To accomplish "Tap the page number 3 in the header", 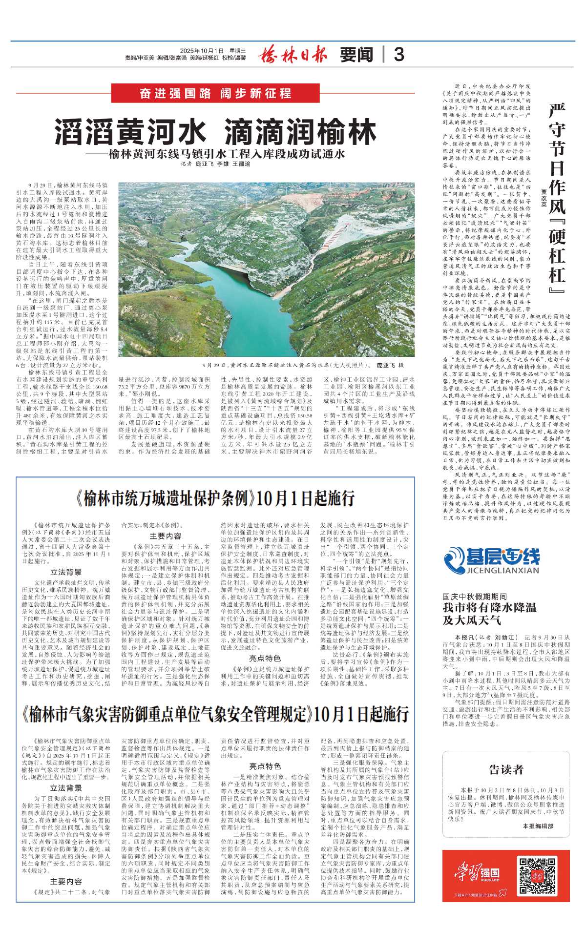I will tap(398, 54).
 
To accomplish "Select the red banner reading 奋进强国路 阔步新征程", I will tap(215, 93).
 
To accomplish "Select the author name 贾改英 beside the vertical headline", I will tap(543, 198).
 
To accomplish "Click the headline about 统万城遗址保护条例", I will tap(215, 498).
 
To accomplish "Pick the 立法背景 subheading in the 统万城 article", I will tap(66, 572).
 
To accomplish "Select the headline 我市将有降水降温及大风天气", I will tap(489, 614).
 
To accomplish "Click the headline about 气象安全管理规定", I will tap(215, 714).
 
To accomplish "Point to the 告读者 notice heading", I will tap(506, 770).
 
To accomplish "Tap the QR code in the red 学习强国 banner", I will tap(530, 875).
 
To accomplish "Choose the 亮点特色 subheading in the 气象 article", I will tap(265, 765).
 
